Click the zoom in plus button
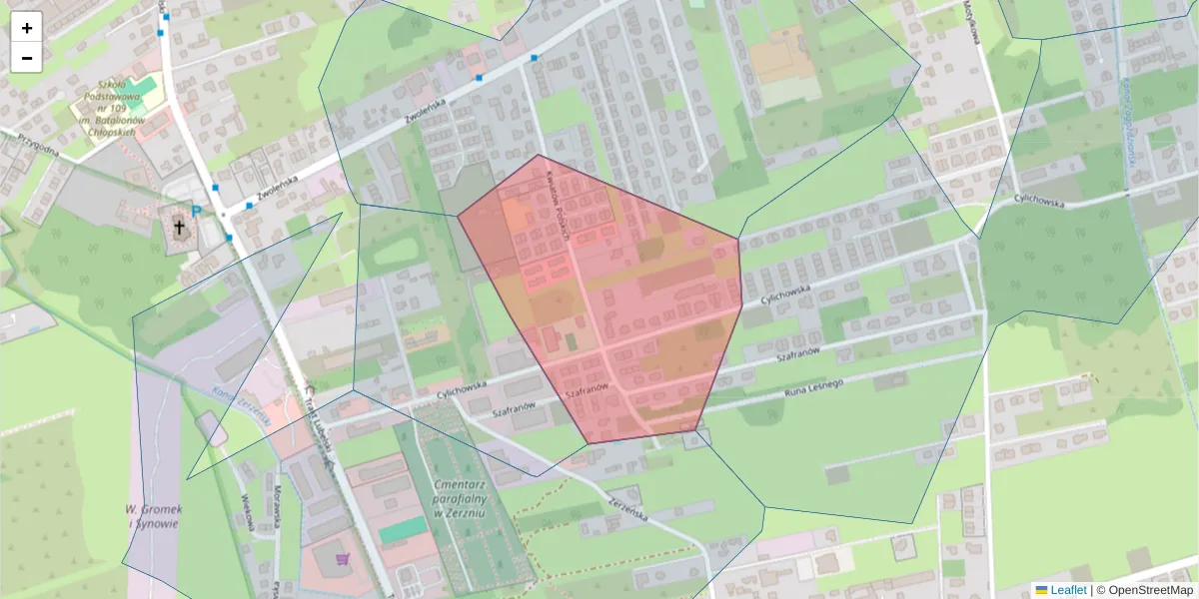coord(26,27)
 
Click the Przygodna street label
coord(31,146)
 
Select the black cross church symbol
coord(180,228)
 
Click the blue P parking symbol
coord(197,211)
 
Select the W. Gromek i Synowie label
coord(152,516)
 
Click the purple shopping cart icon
coord(342,559)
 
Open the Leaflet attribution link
coord(1067,590)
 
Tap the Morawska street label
coord(277,504)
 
